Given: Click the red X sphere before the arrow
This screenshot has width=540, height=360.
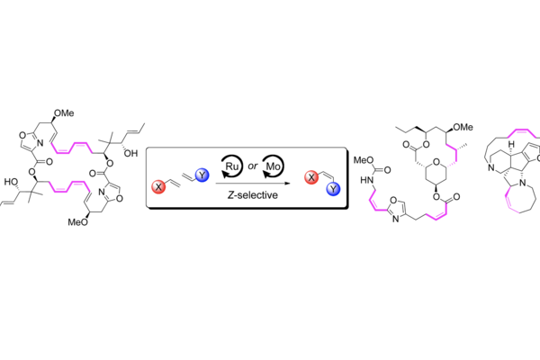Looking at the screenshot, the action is (x=158, y=186).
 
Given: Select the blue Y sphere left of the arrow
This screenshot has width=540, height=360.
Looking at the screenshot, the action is (x=202, y=175).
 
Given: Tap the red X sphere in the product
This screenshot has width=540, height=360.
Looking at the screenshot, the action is (x=311, y=177).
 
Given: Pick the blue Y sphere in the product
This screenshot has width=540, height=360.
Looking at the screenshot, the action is (x=333, y=189).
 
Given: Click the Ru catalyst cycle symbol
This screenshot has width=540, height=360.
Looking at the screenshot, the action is (x=231, y=166).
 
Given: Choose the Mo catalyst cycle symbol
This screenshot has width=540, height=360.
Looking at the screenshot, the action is (x=273, y=166).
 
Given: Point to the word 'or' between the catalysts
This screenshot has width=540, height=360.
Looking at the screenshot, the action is (x=252, y=166).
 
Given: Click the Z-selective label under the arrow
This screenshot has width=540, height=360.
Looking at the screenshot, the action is (x=252, y=195).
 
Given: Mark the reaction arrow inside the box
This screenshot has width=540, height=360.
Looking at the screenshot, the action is (x=253, y=184).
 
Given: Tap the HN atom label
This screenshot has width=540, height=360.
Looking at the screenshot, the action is (x=367, y=180).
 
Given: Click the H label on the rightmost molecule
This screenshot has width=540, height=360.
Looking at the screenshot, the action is (x=512, y=143).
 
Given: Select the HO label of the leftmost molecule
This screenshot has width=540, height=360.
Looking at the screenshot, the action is (x=11, y=182).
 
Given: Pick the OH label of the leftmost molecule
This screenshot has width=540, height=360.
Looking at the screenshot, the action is (x=130, y=154).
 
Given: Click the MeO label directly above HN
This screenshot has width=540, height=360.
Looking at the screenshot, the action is (x=364, y=160).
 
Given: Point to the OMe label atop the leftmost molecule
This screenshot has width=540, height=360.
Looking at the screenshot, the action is (x=64, y=113).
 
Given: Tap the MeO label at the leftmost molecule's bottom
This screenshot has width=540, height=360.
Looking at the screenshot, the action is (x=77, y=222).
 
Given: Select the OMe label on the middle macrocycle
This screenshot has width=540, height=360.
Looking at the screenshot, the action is (x=463, y=128).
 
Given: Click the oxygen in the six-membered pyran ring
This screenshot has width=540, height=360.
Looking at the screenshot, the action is (x=436, y=162).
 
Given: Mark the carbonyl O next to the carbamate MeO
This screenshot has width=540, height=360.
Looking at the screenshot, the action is (x=387, y=170).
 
